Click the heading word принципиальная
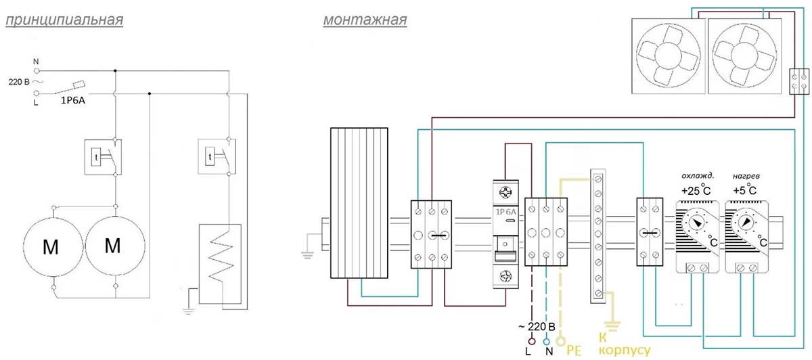64,20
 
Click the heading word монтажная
365,20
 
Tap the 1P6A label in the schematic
72,100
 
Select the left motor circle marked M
53,246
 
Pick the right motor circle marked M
115,246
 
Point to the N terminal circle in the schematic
37,70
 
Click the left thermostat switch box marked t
103,158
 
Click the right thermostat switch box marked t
217,156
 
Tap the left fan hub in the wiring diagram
668,55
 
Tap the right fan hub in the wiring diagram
744,55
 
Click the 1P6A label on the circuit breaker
505,212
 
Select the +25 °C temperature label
696,190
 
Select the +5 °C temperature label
744,189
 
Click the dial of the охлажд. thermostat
696,222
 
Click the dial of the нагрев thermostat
745,221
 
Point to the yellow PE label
574,351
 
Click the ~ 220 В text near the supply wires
537,327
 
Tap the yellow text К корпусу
624,344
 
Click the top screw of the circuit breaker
505,192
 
